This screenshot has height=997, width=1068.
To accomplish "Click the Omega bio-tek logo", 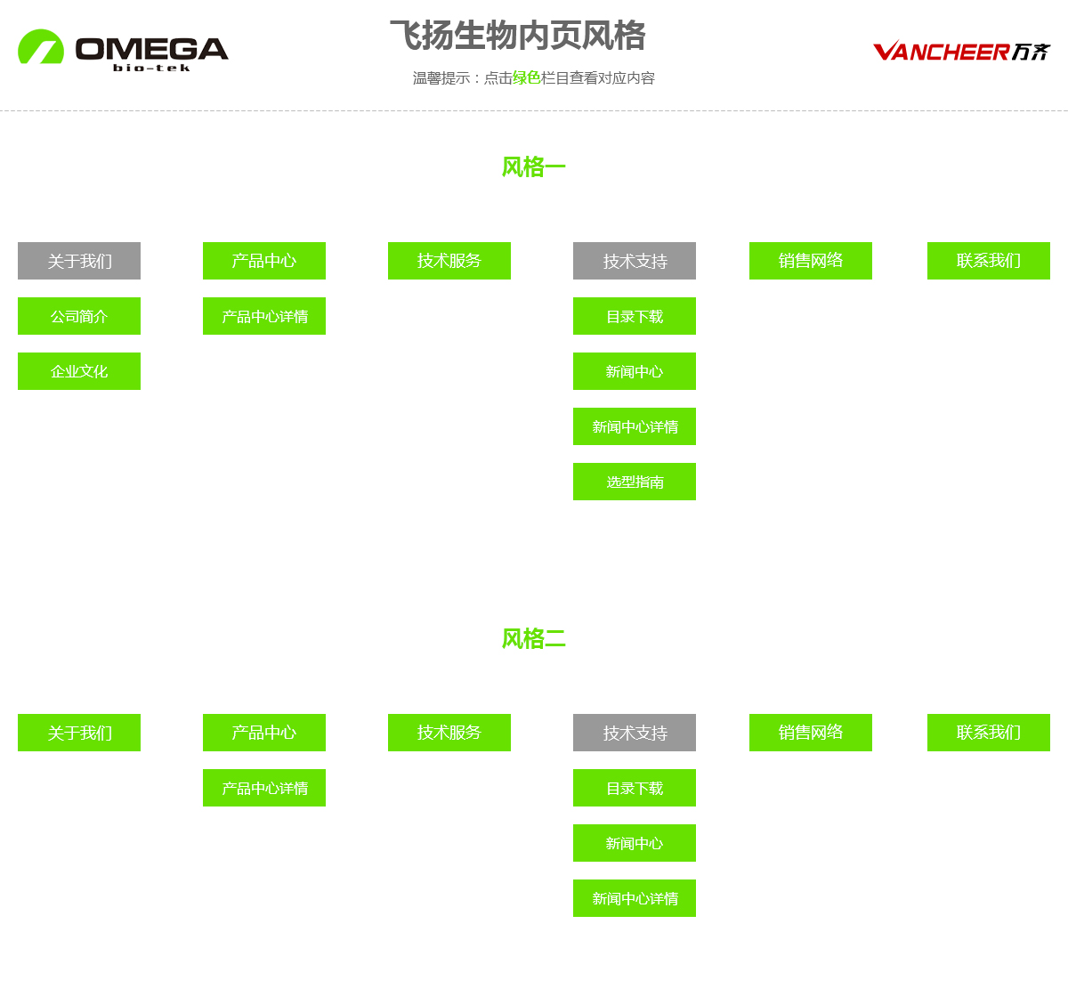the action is coord(123,50).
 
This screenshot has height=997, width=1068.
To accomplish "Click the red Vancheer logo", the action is coord(961,51).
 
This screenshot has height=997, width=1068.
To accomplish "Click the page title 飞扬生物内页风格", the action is coord(517,36).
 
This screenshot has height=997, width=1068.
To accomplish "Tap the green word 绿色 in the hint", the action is coord(527,78).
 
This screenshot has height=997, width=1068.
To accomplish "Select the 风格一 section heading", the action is coord(533,166).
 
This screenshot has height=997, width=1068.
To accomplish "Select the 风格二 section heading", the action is coord(533,638).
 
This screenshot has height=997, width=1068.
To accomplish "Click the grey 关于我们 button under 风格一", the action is coord(79,261).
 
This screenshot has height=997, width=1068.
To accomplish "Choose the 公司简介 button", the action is coord(79,316).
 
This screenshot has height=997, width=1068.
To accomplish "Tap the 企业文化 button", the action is coord(79,371).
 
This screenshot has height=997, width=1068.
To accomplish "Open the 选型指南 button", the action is coord(635,482).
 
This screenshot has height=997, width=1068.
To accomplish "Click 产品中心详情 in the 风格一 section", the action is coord(264,316).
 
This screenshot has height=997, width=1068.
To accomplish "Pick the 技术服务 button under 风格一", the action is coord(449,261).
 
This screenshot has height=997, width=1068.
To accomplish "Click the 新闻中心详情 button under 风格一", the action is coord(635,426).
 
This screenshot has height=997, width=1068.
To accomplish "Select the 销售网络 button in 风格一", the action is coord(811,261).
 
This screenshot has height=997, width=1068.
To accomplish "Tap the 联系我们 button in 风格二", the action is coord(989,733).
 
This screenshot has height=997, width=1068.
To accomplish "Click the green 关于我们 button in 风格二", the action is coord(79,733).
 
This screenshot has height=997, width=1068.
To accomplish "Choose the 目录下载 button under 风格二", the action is coord(635,788).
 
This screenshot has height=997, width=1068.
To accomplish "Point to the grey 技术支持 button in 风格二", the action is coord(635,733).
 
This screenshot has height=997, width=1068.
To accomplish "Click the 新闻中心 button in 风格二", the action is coord(635,843).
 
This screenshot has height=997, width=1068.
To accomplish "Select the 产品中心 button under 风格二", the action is coord(264,733).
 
